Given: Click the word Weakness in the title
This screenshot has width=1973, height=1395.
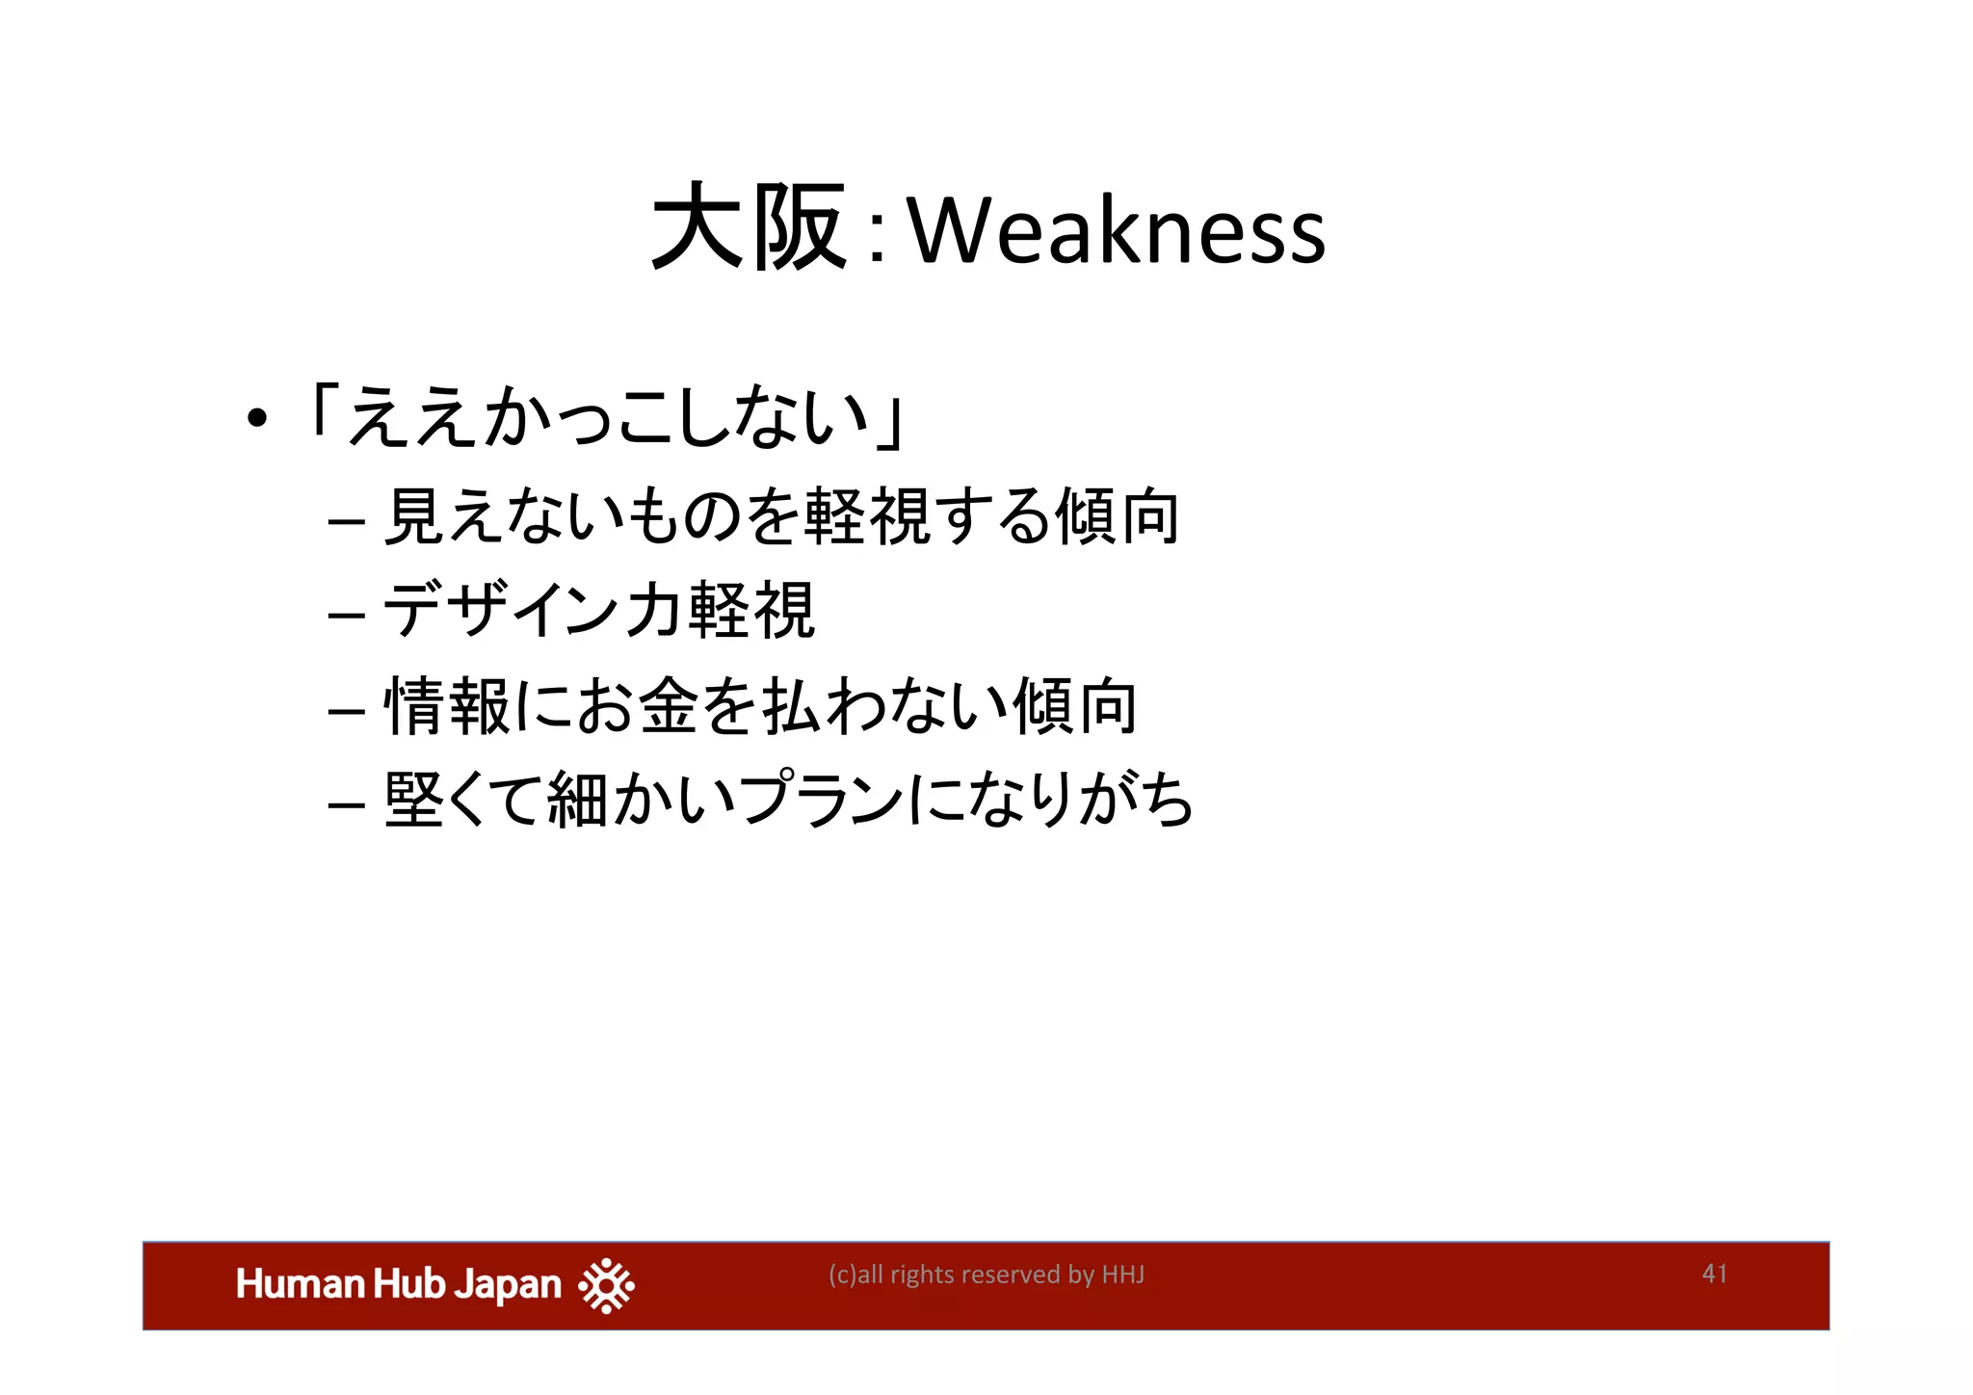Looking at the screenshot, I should coord(1118,231).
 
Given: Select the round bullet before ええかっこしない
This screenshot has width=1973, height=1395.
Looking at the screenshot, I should coord(255,420).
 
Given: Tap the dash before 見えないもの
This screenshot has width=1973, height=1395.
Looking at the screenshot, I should coord(346,523).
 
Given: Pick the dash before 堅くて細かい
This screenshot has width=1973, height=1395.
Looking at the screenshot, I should coord(346,803).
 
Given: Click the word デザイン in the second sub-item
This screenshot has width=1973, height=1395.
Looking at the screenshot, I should coord(505,611).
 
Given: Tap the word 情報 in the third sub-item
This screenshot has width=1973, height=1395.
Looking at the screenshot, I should coord(446,706).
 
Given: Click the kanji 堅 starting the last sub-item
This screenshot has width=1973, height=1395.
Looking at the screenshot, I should coord(414,800).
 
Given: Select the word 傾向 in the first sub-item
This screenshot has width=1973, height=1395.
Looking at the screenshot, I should coord(1118,517).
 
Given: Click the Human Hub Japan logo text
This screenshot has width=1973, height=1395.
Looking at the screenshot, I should coord(399,1285).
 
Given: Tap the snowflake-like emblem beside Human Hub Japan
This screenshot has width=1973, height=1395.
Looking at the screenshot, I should coord(606,1285).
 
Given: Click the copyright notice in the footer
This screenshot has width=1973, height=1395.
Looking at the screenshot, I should coord(986,1275).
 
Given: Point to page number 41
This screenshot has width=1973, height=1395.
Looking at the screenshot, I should coord(1715,1274).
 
